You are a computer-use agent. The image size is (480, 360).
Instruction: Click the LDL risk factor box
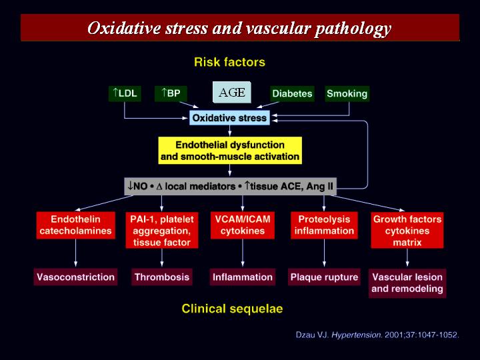pos(125,93)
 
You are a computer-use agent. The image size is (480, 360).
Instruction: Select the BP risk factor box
pos(171,93)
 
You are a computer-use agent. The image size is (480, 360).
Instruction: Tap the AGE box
pos(232,92)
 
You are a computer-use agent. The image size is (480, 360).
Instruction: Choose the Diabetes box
pos(293,94)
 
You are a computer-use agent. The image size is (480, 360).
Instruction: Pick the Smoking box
pos(347,94)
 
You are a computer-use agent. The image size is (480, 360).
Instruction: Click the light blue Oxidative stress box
pos(229,118)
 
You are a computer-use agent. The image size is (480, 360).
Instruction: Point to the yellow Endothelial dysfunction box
pos(230,150)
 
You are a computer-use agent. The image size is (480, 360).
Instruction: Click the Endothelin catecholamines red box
pos(75,225)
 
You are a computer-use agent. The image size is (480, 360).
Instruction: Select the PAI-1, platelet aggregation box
pos(162,230)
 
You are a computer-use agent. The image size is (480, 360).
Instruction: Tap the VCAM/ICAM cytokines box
pos(243,225)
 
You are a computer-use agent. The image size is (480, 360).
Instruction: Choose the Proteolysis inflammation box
pos(324,225)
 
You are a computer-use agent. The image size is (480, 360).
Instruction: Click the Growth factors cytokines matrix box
pos(407,230)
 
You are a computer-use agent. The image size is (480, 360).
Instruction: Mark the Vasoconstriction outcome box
pos(75,277)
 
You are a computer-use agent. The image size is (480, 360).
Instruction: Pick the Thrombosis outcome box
pos(162,277)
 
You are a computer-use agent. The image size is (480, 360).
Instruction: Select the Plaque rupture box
pos(324,277)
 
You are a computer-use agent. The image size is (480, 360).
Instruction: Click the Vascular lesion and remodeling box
pos(407,283)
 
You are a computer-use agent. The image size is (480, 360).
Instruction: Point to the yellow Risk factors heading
pos(229,62)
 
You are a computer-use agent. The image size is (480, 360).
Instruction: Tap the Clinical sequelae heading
pos(232,309)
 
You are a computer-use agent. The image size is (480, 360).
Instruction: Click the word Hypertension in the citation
pos(357,335)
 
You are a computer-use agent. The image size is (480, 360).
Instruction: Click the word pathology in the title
pos(353,29)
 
